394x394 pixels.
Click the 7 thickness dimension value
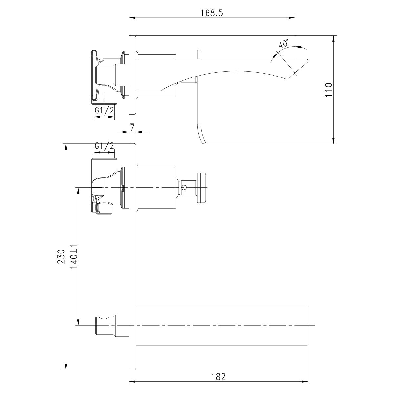click(132, 127)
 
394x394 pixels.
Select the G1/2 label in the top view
click(104, 111)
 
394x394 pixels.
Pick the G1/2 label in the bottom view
click(104, 146)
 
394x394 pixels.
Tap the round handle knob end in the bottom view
click(201, 187)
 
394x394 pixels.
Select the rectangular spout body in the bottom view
click(222, 326)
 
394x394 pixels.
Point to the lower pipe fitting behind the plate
click(105, 326)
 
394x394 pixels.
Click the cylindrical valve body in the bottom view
click(156, 187)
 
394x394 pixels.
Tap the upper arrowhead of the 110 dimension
click(334, 38)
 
